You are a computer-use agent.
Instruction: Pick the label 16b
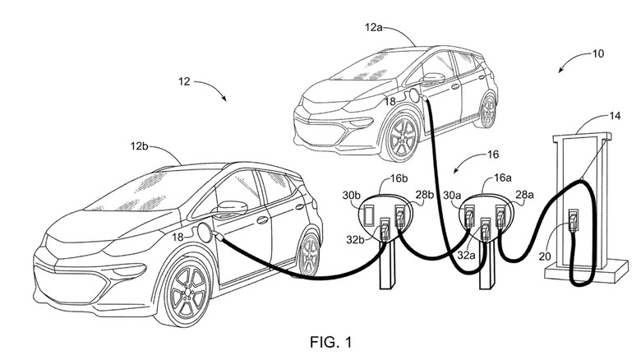pyautogui.click(x=400, y=178)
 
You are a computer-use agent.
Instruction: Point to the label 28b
pyautogui.click(x=425, y=194)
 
